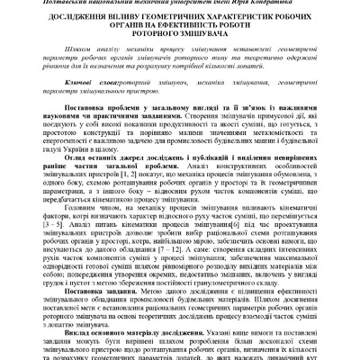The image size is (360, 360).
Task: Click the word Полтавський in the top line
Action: click(53, 4)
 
